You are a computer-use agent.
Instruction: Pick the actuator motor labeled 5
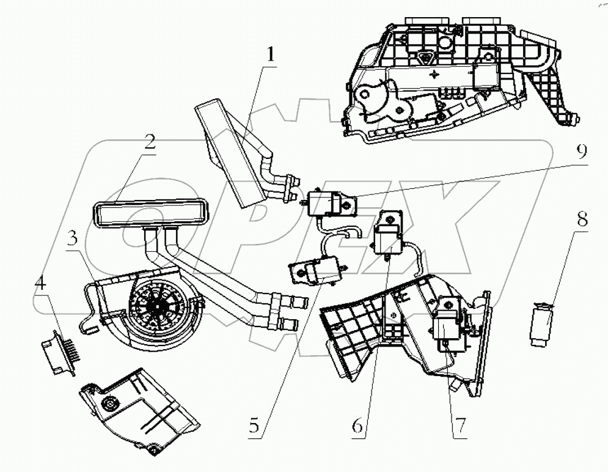[316, 270]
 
